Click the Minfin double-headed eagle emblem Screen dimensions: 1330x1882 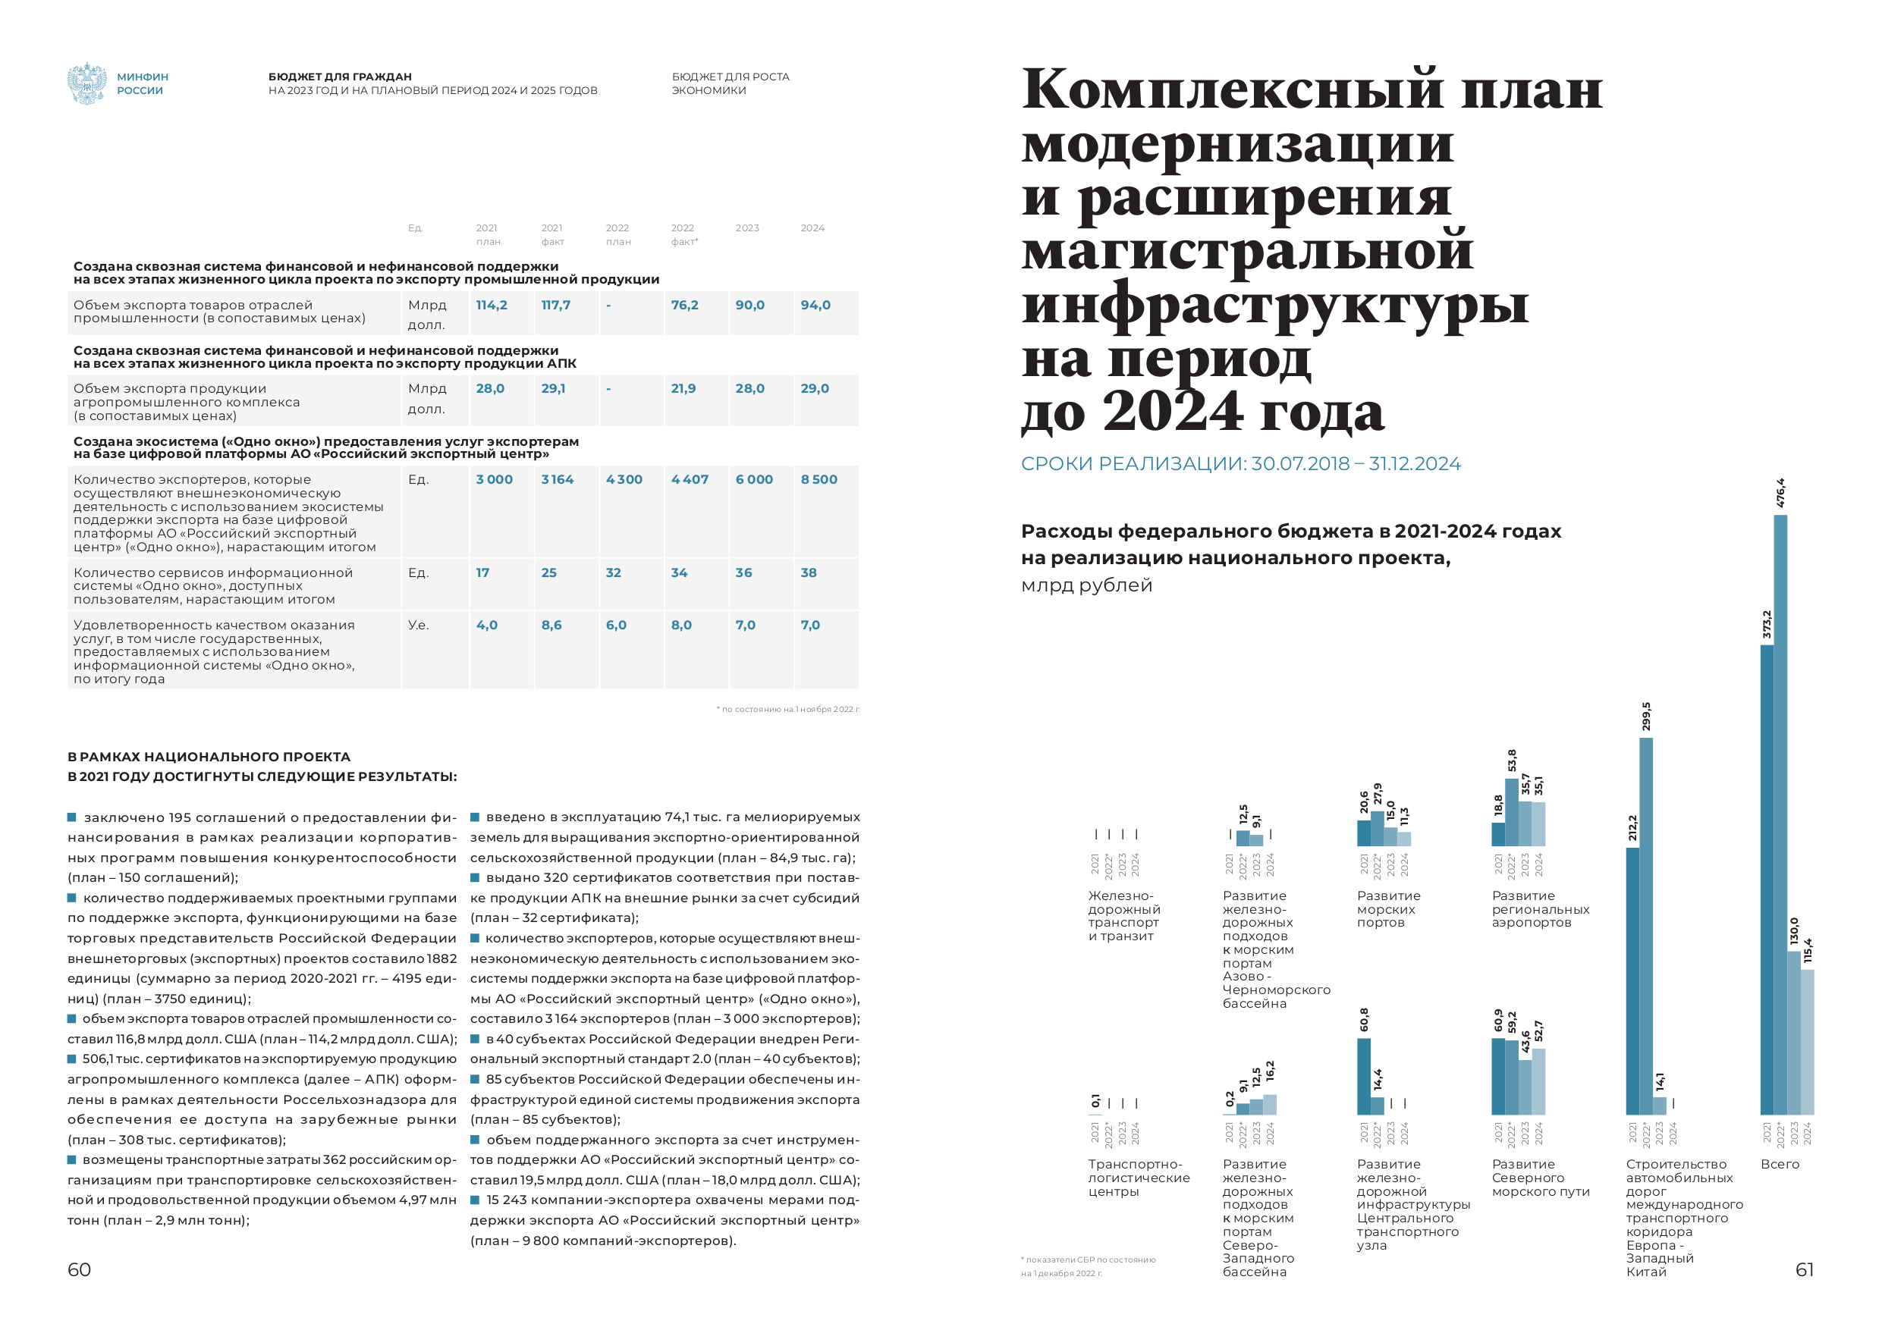click(86, 83)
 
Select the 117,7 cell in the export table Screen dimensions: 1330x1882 click(555, 305)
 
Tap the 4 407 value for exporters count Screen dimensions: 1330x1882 click(690, 479)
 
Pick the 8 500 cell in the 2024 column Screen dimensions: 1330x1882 click(818, 479)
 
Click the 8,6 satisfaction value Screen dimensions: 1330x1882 click(551, 626)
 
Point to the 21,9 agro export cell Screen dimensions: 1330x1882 click(683, 388)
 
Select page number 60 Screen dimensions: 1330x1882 click(80, 1269)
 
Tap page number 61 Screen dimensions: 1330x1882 click(1804, 1269)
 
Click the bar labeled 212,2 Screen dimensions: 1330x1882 click(1632, 979)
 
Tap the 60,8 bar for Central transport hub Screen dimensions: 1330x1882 click(1364, 1075)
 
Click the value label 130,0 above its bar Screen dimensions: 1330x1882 click(1793, 932)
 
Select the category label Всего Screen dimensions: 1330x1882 click(1780, 1165)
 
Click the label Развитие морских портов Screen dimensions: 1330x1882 click(1388, 909)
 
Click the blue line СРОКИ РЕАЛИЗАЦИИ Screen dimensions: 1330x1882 click(1240, 464)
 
